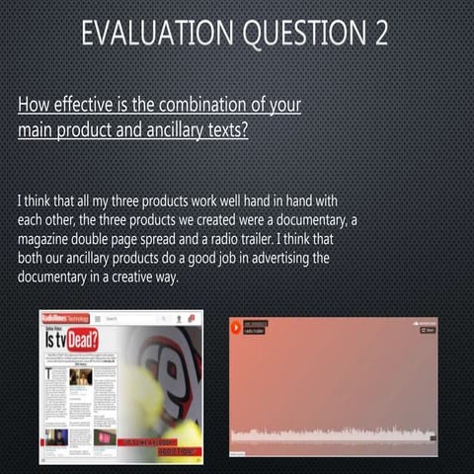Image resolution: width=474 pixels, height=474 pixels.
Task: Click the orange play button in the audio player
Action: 237,326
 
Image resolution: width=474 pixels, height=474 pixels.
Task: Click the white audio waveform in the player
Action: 331,435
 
